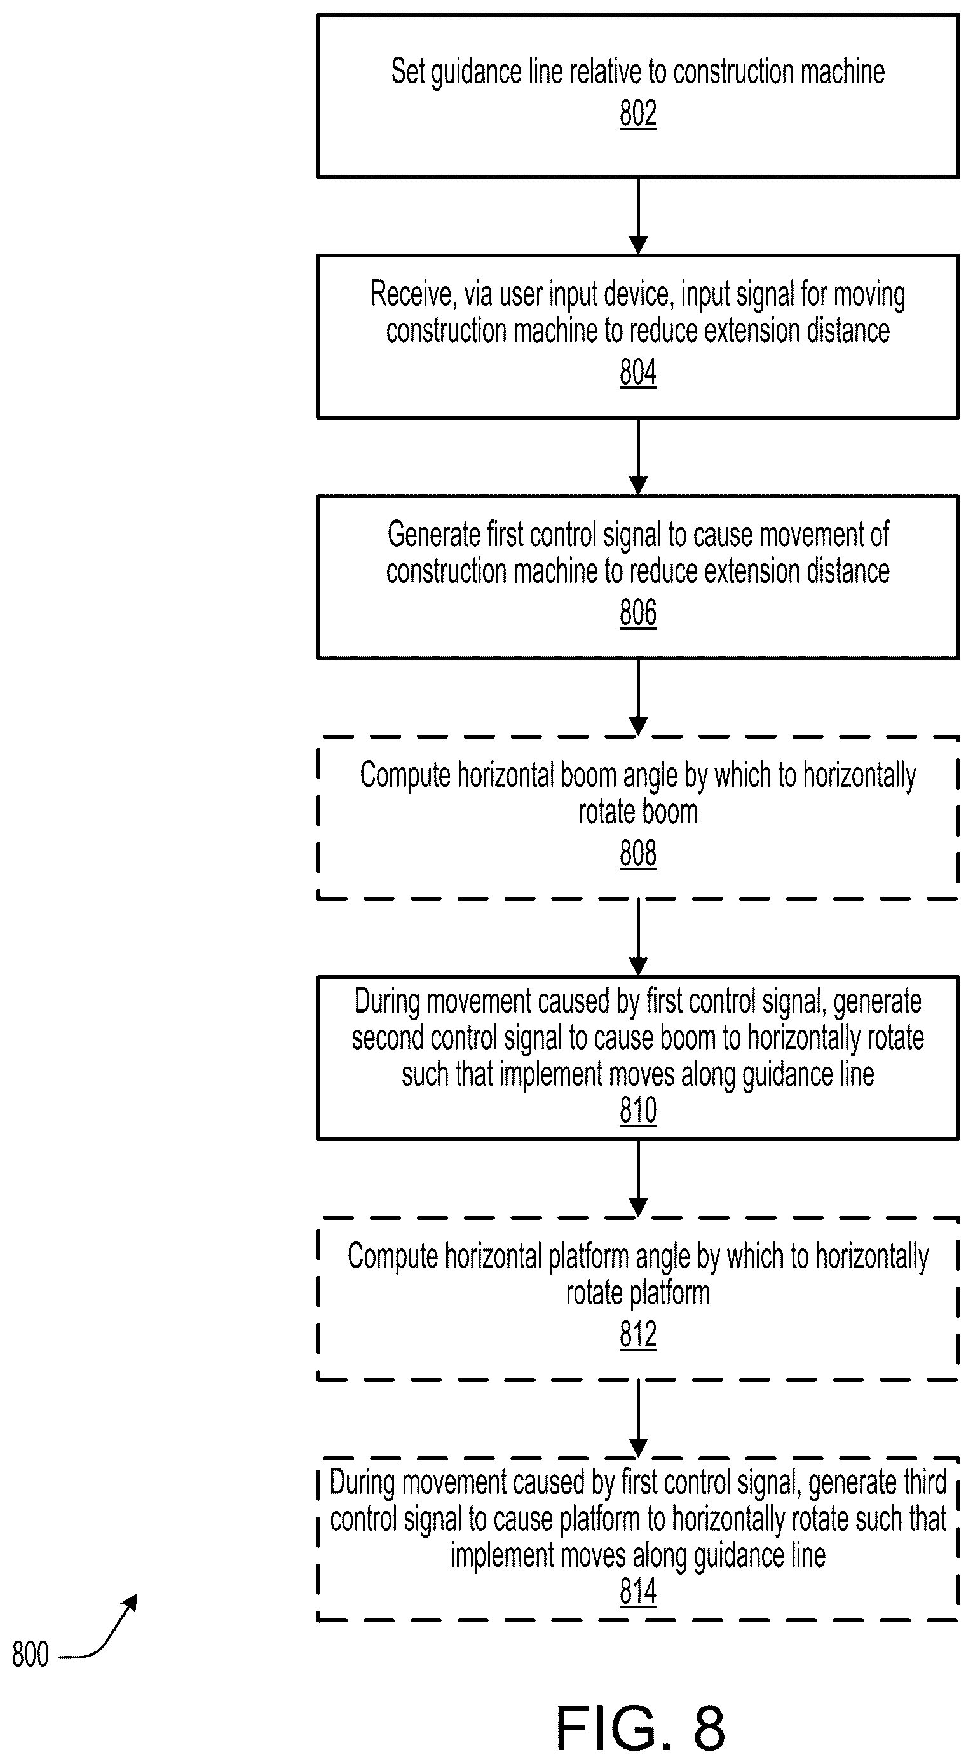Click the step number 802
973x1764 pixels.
pos(637,114)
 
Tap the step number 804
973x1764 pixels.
pos(637,373)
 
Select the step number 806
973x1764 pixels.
pos(637,613)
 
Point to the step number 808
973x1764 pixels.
pos(637,854)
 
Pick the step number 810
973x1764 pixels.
pos(637,1111)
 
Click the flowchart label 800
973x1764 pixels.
pos(31,1656)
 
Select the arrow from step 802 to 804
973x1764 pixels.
pos(638,216)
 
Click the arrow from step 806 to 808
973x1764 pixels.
pos(638,698)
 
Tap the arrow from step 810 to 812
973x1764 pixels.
pos(638,1179)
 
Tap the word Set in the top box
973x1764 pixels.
pos(405,71)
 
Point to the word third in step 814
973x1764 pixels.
pos(925,1482)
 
